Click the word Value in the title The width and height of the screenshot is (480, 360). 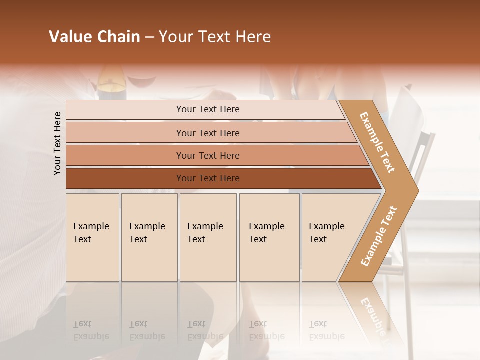[x=69, y=37]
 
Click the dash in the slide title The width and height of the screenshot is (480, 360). [x=149, y=37]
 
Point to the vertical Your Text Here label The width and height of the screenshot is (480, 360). [x=58, y=143]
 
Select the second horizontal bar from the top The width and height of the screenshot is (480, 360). [x=207, y=133]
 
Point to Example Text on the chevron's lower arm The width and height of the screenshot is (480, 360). [x=379, y=236]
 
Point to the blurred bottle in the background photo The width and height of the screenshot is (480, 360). [x=111, y=82]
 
